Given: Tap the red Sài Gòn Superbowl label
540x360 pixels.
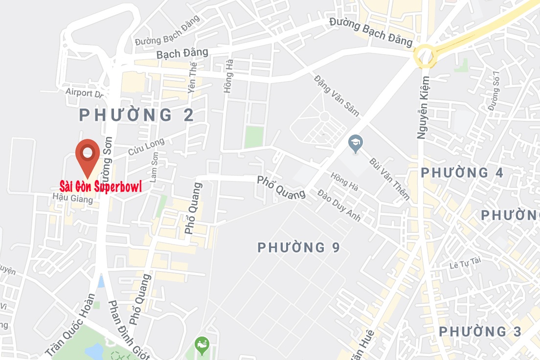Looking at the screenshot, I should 101,186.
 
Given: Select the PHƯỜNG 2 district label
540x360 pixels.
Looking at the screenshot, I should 137,115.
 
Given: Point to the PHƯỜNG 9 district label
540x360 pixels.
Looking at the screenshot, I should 298,247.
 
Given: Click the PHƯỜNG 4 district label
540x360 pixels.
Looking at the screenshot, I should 462,173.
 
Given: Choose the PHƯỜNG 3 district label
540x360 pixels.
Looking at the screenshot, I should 480,332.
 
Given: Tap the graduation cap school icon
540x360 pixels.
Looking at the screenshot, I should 355,143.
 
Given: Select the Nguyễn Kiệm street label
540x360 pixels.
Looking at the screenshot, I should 424,108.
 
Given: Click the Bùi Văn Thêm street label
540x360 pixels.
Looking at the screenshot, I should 389,179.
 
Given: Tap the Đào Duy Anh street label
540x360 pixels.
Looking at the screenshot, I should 339,205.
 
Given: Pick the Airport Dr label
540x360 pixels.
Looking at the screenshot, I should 85,92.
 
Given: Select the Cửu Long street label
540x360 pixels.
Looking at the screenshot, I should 146,147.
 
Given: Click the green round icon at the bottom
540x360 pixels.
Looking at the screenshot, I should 202,345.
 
